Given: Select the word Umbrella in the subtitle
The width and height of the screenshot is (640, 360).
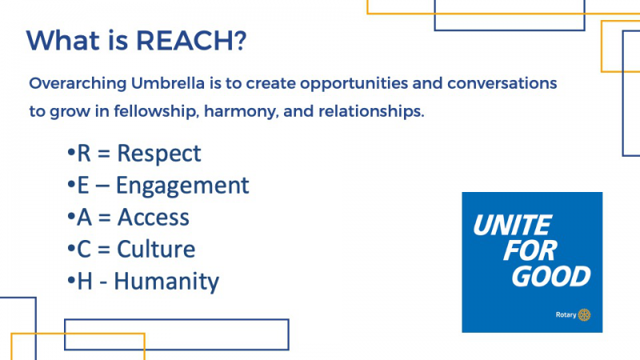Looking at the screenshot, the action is tap(168, 83).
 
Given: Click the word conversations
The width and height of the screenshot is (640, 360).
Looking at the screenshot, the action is tap(502, 83).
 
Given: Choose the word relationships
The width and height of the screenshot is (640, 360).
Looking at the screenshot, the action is tap(371, 112).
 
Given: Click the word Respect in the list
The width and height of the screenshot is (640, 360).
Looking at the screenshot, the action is tap(159, 154).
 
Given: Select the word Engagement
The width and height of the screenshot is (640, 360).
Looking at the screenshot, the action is tap(182, 186).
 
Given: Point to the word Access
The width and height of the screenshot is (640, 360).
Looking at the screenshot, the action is tap(154, 217).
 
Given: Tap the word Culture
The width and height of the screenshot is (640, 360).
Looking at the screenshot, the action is tap(156, 249).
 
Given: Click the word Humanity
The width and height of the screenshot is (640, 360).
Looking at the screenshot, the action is tap(166, 282).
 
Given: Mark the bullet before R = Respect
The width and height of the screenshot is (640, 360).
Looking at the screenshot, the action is tap(71, 153).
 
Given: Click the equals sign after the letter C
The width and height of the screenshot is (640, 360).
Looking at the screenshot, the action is tap(104, 250).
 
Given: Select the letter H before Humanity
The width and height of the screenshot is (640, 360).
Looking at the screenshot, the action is tap(85, 282).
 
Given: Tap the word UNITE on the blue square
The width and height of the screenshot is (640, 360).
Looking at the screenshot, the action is tap(512, 225).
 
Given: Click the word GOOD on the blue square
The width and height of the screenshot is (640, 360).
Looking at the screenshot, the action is tap(550, 276).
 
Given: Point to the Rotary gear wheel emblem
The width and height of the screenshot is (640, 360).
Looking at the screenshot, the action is tap(584, 314).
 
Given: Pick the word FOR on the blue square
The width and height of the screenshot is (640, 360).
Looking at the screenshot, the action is tap(530, 250).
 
